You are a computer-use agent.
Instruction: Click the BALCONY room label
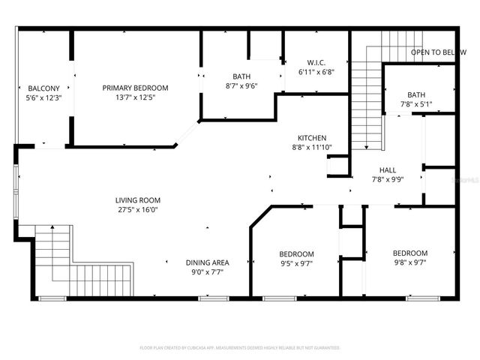pos(43,88)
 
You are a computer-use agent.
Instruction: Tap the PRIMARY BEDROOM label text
pos(135,88)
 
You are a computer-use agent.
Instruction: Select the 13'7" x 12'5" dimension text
pos(135,97)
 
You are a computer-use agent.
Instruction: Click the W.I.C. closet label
pos(316,62)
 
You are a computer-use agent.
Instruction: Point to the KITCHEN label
pos(311,138)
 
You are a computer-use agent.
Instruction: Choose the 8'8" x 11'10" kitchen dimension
pos(311,148)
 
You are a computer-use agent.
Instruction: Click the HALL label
pos(388,170)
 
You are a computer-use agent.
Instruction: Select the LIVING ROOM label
pos(137,200)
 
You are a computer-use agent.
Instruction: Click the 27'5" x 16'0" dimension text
pos(137,210)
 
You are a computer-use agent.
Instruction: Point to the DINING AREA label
pos(207,262)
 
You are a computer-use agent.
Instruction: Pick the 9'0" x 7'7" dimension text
pos(207,271)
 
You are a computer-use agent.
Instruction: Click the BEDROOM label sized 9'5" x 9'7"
pos(296,254)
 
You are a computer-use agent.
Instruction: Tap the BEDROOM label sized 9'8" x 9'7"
pos(410,253)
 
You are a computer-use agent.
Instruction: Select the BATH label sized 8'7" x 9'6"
pos(241,76)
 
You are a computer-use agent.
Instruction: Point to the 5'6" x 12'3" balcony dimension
pos(43,98)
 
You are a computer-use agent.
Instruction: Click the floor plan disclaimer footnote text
pos(240,348)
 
